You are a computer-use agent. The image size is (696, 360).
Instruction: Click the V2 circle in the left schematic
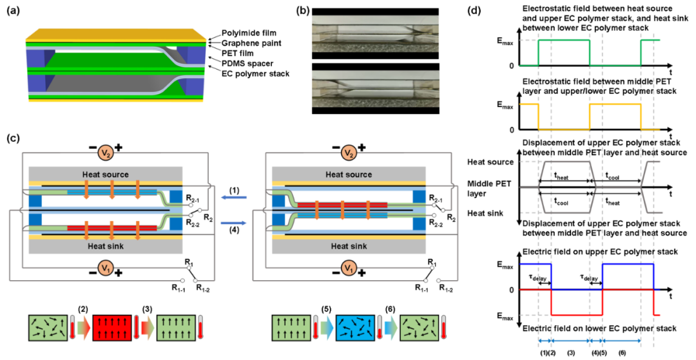106,153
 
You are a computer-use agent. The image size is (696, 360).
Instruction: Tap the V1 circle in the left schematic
106,268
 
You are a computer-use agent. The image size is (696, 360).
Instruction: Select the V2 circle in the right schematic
349,153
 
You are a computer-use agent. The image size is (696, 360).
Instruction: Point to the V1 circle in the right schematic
349,268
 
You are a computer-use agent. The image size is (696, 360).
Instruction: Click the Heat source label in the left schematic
105,175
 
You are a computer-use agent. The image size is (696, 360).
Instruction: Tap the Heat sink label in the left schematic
105,246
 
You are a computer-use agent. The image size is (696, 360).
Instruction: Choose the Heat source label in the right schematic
349,175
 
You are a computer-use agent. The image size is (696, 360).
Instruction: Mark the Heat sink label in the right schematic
349,246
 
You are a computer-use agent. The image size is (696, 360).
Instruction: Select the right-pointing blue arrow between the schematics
233,223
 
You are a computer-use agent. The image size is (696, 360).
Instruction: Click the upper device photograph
375,33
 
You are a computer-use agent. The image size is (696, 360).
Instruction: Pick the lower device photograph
375,88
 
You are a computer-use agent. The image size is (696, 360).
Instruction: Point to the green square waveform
564,41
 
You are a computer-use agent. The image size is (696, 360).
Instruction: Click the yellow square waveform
615,104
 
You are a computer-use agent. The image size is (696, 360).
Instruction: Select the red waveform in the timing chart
577,315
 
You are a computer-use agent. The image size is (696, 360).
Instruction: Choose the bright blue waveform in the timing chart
628,265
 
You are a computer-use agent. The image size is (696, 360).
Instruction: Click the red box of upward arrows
112,328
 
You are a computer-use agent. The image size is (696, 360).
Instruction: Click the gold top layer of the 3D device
116,34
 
